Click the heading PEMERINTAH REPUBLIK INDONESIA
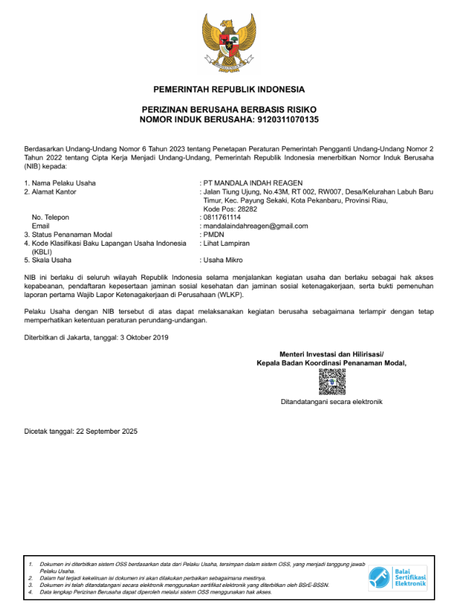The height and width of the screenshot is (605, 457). pos(229,90)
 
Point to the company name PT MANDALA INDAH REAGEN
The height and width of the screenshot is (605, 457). pos(253,183)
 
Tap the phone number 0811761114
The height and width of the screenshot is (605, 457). pos(222,217)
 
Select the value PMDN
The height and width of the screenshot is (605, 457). pos(214,234)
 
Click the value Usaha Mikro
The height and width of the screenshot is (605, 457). pos(223,259)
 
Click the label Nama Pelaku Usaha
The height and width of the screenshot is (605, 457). pos(64,183)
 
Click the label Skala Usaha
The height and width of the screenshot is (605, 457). pos(51,259)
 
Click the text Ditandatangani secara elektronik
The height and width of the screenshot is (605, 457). pos(332,401)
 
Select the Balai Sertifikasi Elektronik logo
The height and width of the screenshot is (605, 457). pos(398,578)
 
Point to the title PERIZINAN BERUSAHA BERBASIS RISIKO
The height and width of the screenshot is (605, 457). pos(229,108)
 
